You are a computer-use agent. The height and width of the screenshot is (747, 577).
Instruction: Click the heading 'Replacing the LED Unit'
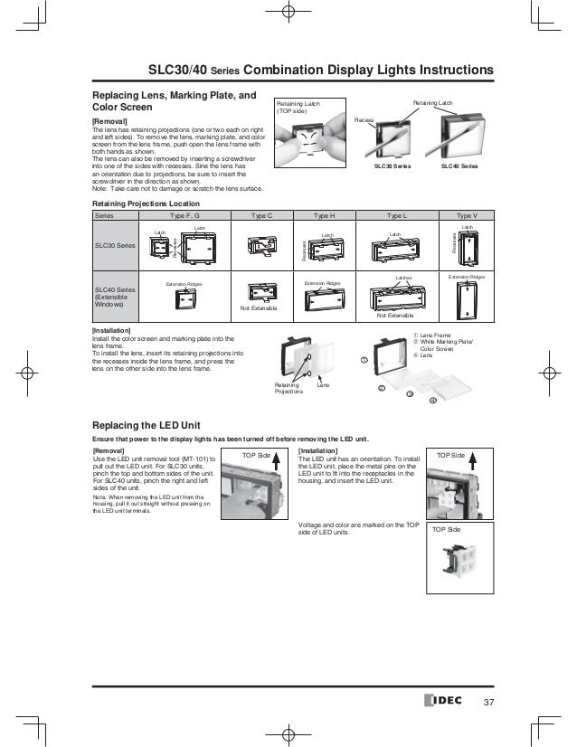(x=153, y=425)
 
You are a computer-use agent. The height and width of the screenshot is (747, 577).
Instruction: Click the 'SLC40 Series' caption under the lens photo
(x=459, y=167)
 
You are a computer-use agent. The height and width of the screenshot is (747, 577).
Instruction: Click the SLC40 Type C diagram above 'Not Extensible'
(x=260, y=294)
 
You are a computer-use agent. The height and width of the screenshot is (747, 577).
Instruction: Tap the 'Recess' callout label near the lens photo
(x=364, y=118)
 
